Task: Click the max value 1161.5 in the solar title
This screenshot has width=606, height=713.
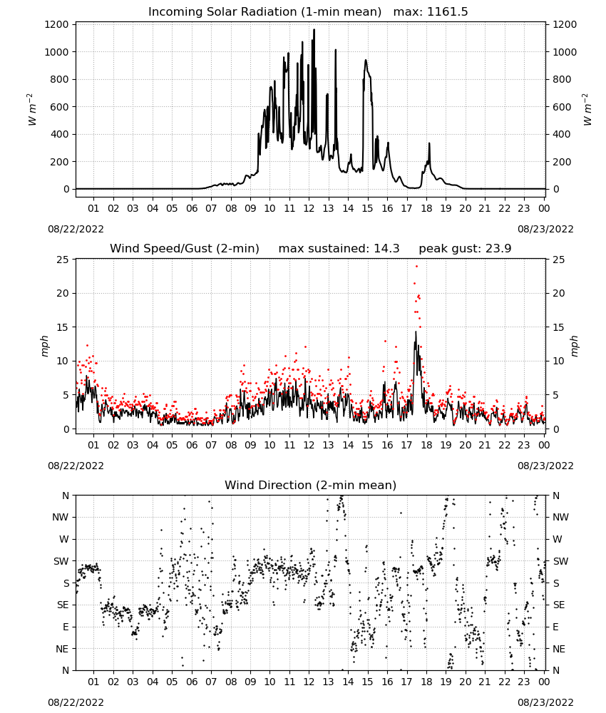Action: [x=447, y=12]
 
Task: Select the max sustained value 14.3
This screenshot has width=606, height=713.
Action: [x=386, y=249]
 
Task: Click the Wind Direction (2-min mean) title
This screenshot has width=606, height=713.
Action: [x=311, y=485]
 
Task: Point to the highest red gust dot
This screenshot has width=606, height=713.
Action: [x=416, y=267]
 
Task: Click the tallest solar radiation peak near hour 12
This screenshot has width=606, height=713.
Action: [x=314, y=30]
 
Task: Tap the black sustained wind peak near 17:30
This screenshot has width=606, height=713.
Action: [x=416, y=332]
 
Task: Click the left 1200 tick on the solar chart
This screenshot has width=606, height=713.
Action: [x=56, y=24]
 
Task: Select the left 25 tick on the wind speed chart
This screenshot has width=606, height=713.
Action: [x=63, y=260]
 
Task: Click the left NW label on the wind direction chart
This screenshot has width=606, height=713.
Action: [x=61, y=518]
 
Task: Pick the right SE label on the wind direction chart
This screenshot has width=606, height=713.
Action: [x=559, y=605]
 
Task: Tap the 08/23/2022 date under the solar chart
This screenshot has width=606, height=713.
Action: [x=545, y=229]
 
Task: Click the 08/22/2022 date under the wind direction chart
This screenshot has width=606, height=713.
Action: [x=76, y=702]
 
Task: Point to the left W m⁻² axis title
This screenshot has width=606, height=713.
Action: [x=31, y=110]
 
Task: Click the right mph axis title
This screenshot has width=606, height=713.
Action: [x=573, y=347]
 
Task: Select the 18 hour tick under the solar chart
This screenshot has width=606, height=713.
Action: [x=426, y=209]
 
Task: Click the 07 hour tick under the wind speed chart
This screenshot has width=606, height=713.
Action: [x=211, y=445]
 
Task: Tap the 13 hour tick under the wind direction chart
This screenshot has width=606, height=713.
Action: [x=328, y=682]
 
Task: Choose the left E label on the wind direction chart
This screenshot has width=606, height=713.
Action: [x=66, y=627]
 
